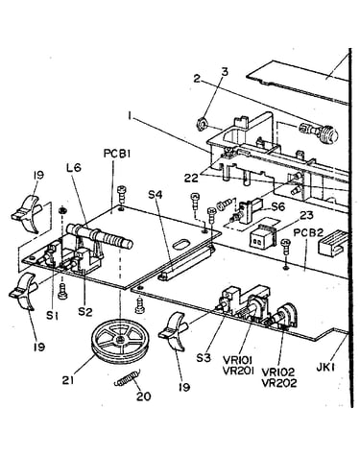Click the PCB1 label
click(x=117, y=154)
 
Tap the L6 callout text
click(x=74, y=168)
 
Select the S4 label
click(x=156, y=194)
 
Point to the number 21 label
click(x=68, y=380)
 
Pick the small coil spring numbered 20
click(x=128, y=378)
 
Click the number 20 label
click(x=144, y=396)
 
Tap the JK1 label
click(x=325, y=368)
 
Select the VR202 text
click(x=279, y=383)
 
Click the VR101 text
click(x=239, y=361)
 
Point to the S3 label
click(x=204, y=357)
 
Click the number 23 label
click(x=306, y=215)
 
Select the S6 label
click(x=277, y=206)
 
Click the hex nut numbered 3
click(x=202, y=124)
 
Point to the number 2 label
click(x=197, y=79)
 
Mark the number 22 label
click(x=191, y=178)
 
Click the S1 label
click(x=53, y=316)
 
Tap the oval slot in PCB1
click(x=180, y=245)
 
